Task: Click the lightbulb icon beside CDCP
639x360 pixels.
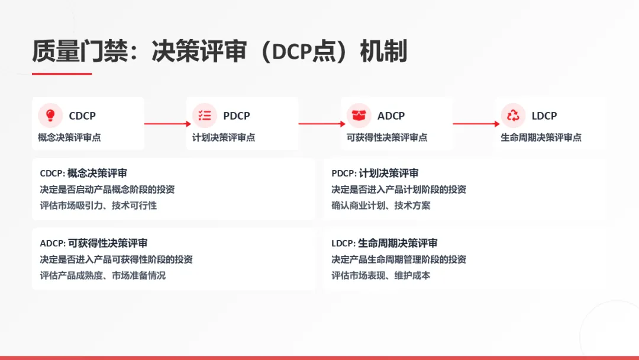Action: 50,115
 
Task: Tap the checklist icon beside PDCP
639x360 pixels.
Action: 205,115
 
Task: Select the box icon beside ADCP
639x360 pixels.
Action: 359,115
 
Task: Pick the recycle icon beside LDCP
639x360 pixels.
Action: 513,115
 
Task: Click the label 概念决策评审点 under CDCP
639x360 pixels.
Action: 69,137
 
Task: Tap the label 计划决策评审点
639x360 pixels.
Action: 224,137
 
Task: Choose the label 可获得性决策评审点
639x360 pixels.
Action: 387,137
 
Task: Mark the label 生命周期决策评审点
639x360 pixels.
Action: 541,137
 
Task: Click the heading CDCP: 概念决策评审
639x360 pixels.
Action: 83,173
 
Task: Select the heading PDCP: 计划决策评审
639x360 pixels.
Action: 375,173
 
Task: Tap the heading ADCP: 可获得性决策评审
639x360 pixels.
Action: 93,243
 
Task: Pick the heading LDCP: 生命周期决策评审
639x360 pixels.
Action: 385,243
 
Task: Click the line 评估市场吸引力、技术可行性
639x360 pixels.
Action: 98,205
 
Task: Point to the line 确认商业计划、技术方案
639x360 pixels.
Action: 381,205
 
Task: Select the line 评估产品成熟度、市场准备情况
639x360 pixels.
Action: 103,275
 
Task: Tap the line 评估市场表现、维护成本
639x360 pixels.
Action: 381,275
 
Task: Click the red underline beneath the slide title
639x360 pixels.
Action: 62,74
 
